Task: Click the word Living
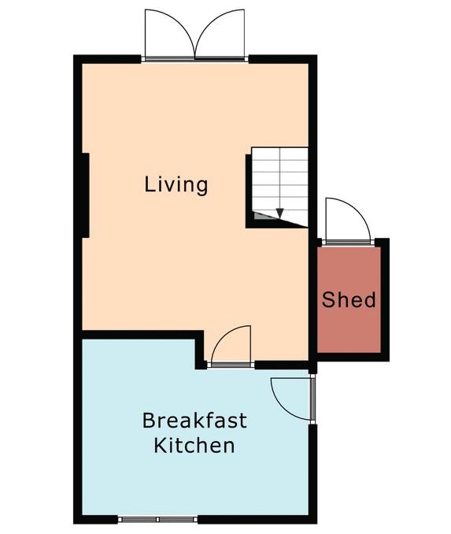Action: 176,184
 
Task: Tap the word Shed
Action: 349,300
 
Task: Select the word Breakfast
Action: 194,421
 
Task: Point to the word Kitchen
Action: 194,445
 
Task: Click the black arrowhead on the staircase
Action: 279,213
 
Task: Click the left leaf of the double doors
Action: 169,33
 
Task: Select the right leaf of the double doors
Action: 220,33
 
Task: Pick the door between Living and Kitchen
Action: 231,345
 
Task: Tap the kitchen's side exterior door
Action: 291,399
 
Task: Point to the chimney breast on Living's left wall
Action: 86,195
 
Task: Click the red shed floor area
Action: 349,300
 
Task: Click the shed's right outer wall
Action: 385,300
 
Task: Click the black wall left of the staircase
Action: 249,191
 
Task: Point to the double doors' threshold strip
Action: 194,59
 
